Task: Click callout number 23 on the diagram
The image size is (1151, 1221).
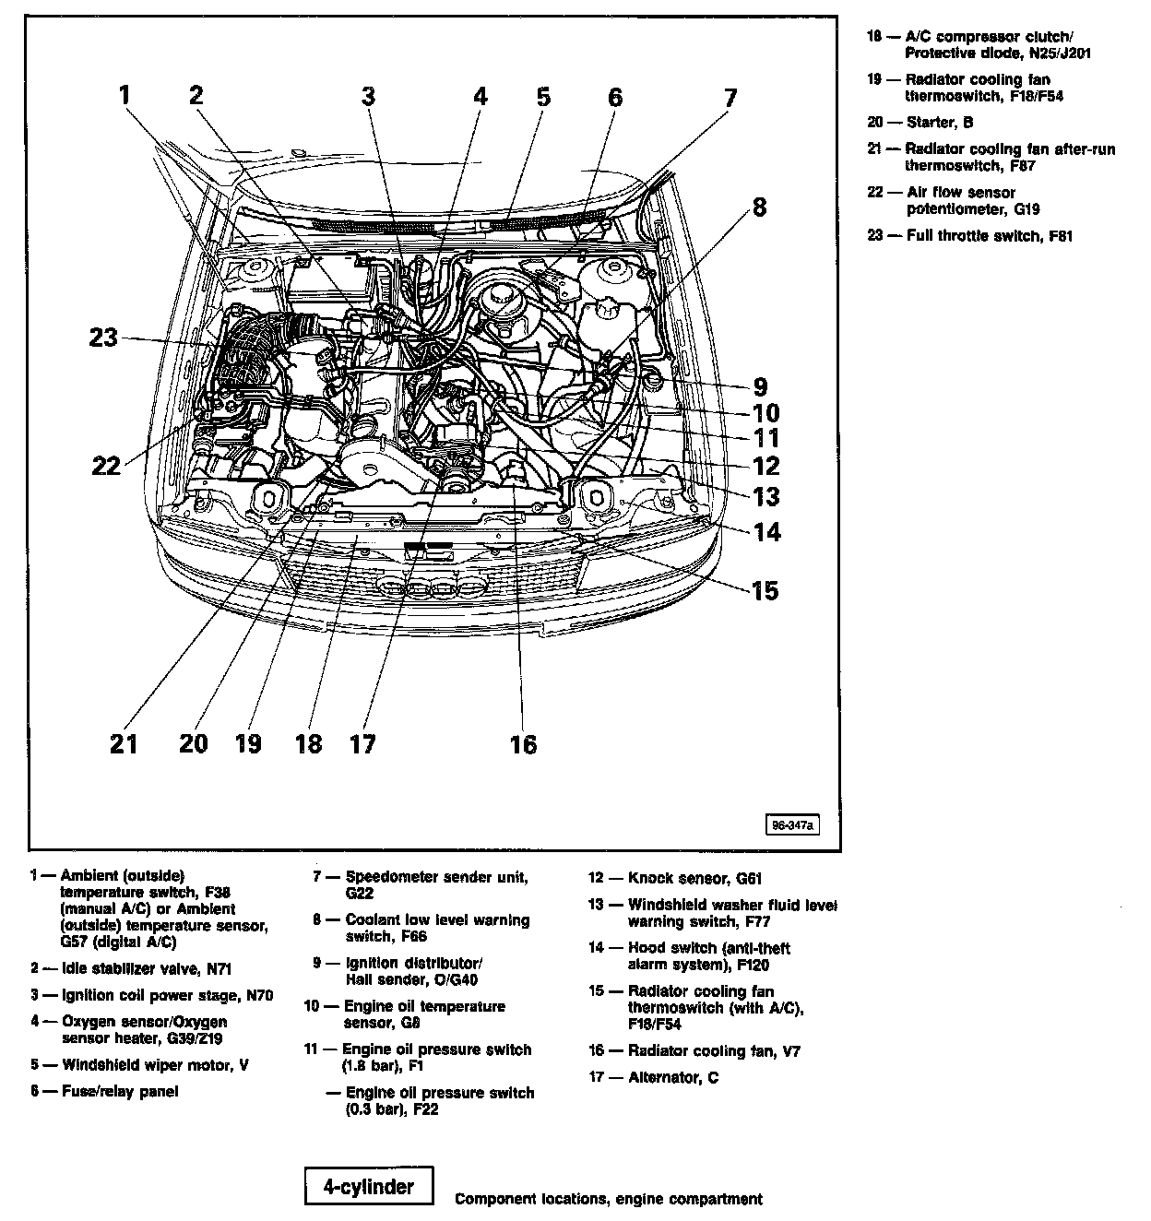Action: (x=103, y=338)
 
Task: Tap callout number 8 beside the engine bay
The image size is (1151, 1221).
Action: (x=758, y=207)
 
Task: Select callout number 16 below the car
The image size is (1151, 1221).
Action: (x=523, y=743)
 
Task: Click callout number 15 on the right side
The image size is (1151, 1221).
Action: (x=765, y=589)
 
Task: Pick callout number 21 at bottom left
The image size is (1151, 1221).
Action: (x=124, y=742)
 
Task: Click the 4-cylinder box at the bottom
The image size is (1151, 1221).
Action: (x=368, y=1187)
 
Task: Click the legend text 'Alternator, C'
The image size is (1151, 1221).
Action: (x=672, y=1077)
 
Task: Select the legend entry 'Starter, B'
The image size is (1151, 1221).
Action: (x=939, y=122)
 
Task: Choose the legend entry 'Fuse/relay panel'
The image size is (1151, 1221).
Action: (x=120, y=1092)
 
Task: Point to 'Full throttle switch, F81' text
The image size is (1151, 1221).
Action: (x=990, y=236)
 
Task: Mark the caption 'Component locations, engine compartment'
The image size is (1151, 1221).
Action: (x=608, y=1200)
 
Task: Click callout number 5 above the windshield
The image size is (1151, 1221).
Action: (x=543, y=96)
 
